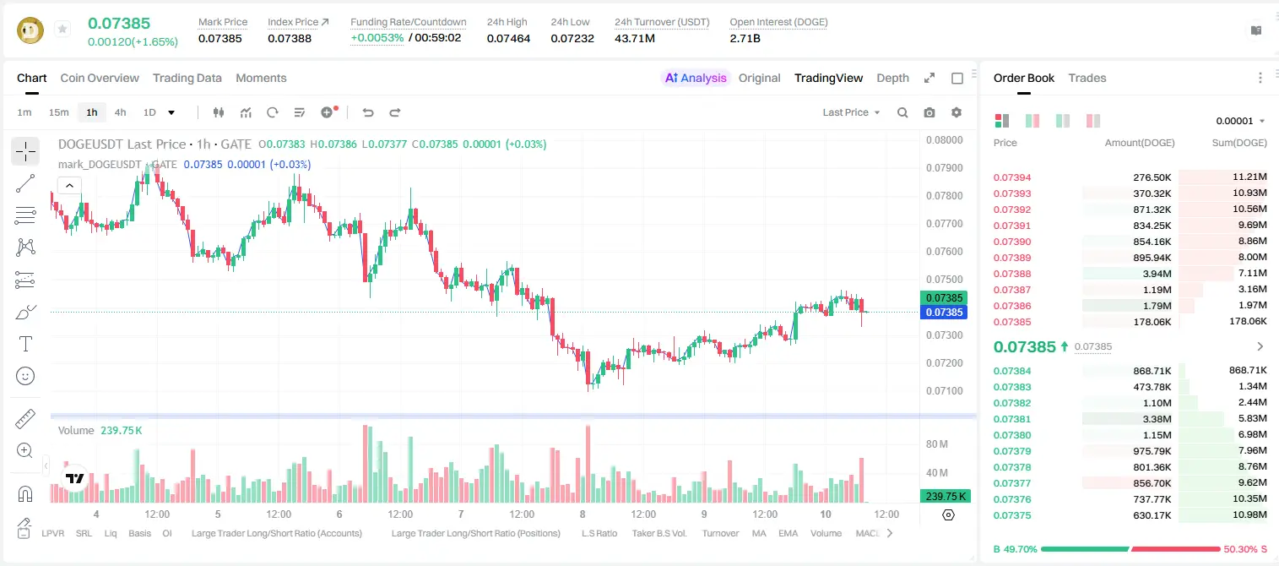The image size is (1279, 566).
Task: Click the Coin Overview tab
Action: click(x=100, y=78)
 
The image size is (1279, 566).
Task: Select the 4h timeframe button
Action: click(x=120, y=112)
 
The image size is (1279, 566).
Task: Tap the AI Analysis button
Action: click(x=696, y=78)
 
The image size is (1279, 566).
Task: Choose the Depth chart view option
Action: click(x=892, y=78)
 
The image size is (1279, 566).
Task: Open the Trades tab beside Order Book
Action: click(x=1087, y=78)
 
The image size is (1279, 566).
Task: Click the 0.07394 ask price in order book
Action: click(x=1012, y=177)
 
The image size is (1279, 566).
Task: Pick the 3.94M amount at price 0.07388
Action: click(x=1157, y=274)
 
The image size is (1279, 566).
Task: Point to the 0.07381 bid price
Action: click(x=1012, y=419)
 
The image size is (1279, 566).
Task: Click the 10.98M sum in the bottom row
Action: click(x=1249, y=514)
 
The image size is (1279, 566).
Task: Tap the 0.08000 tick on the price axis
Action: click(x=945, y=140)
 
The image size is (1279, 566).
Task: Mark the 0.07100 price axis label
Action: click(x=945, y=390)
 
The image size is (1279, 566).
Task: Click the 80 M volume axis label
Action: click(x=937, y=444)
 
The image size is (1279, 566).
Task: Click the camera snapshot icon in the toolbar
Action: click(x=929, y=112)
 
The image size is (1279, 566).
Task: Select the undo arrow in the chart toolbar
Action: click(x=368, y=112)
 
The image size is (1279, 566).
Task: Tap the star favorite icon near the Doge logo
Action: click(x=62, y=29)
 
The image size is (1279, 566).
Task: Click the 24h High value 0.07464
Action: click(x=508, y=38)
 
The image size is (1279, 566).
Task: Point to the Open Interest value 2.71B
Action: click(x=745, y=38)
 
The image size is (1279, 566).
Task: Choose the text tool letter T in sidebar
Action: click(x=25, y=344)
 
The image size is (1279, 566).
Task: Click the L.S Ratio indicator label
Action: click(x=599, y=533)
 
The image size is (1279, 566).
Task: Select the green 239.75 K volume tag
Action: click(x=946, y=497)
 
